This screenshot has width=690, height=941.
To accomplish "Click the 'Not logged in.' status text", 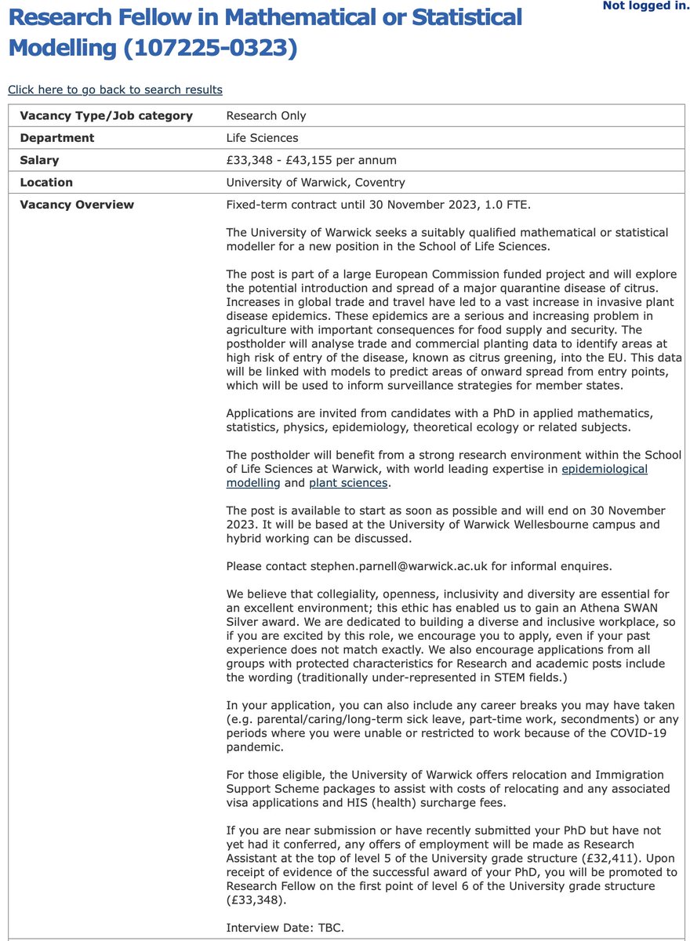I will [x=645, y=6].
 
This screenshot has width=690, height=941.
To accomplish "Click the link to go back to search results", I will [x=115, y=89].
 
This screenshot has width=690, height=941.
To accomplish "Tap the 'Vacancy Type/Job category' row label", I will [x=106, y=116].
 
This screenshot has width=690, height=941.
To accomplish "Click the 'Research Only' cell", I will [x=266, y=116].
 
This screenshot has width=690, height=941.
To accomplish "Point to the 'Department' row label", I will [x=56, y=138].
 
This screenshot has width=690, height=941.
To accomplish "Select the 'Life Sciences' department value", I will [x=262, y=138].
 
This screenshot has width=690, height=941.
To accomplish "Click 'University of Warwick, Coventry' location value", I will [x=315, y=183].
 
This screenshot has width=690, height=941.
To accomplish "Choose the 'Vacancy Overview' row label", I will [x=77, y=205].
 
